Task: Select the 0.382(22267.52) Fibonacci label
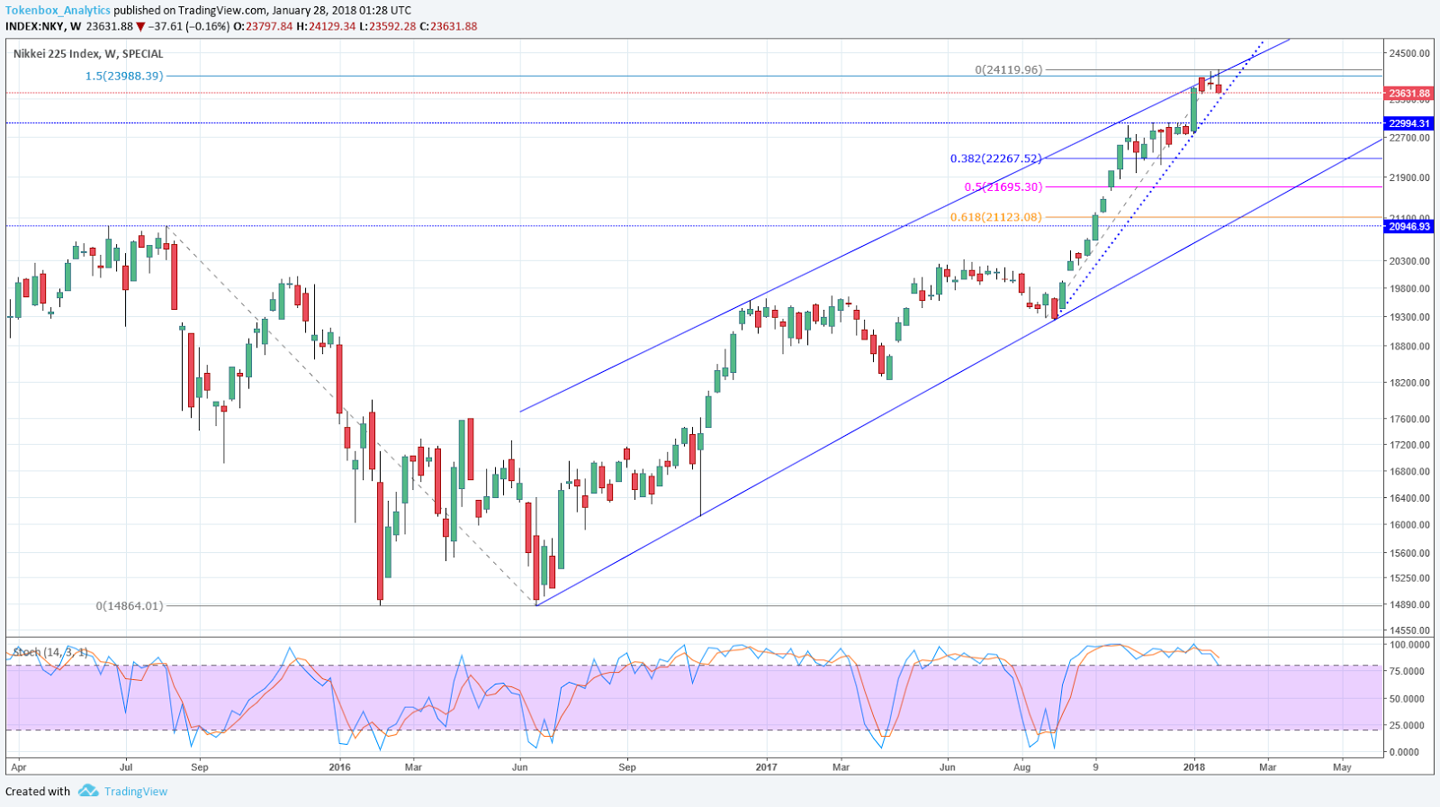tap(995, 159)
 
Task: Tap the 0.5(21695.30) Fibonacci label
tap(1003, 186)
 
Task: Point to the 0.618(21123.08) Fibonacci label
tap(995, 217)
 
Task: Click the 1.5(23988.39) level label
tap(124, 76)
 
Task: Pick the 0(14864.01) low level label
tap(130, 605)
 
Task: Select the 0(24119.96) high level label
tap(1008, 69)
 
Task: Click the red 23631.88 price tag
tap(1409, 93)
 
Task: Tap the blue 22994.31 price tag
tap(1409, 123)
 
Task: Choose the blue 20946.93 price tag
tap(1409, 227)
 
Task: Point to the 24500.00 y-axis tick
tap(1409, 53)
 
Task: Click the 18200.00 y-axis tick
tap(1409, 383)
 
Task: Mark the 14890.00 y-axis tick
tap(1409, 605)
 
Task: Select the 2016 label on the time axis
tap(339, 767)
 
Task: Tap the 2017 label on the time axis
tap(766, 767)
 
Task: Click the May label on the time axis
tap(1342, 767)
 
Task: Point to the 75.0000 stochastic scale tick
tap(1409, 671)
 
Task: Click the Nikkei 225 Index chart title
tap(88, 54)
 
